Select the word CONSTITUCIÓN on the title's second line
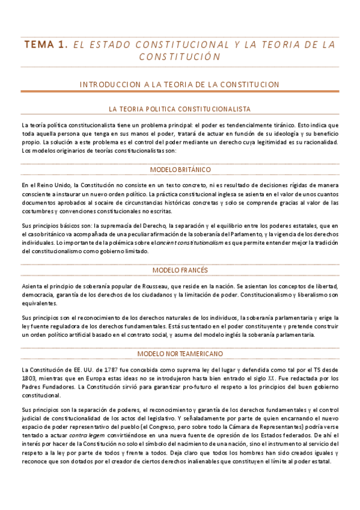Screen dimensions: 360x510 (x=180, y=57)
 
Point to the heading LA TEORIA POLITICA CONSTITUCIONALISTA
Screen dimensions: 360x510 (x=180, y=109)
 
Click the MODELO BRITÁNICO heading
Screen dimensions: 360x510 (x=180, y=170)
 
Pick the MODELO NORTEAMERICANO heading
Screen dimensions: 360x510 (x=180, y=353)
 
